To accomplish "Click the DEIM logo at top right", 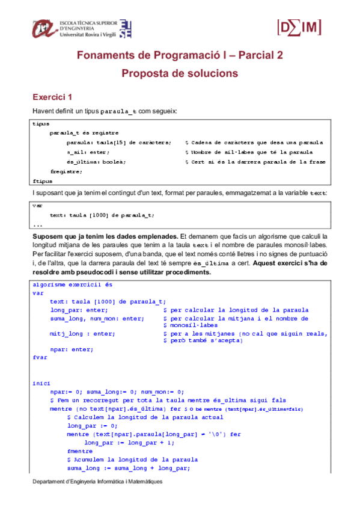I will tap(298, 27).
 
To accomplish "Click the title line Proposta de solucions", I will tap(180, 73).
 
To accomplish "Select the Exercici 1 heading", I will tap(52, 97).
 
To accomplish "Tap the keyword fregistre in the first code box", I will tap(66, 171).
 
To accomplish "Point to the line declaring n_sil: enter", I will tap(88, 152).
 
